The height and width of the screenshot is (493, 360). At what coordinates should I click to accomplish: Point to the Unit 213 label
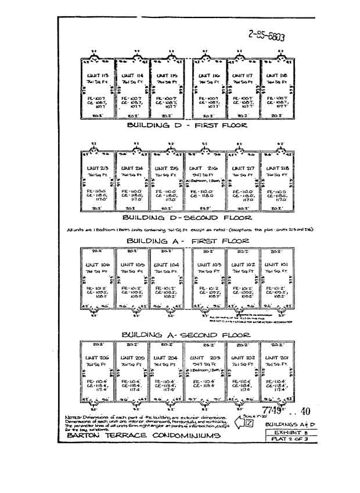tap(96, 167)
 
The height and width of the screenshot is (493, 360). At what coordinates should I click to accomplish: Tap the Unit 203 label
tap(206, 358)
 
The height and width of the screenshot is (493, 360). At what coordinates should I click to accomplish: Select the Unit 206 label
tap(96, 358)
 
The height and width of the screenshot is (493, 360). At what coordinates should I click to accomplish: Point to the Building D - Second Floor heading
tap(187, 218)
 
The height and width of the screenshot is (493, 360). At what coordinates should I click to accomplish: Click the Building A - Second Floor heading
tap(187, 334)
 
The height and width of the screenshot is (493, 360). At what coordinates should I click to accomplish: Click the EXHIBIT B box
tap(283, 433)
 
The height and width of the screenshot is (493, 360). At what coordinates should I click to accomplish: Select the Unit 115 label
tap(167, 76)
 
